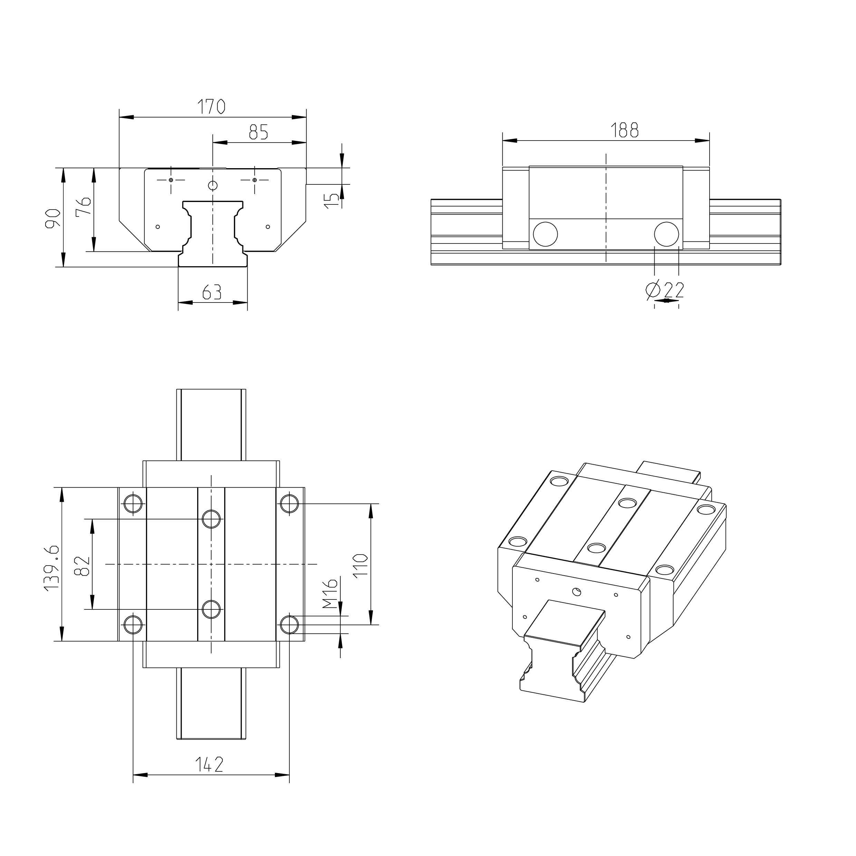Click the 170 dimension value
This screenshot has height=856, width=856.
pos(211,107)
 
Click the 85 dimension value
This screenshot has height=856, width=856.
pos(258,132)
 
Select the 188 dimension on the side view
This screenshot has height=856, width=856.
pos(625,130)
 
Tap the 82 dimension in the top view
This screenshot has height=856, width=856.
pos(83,566)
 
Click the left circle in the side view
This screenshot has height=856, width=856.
pos(545,234)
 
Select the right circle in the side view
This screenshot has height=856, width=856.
pos(666,234)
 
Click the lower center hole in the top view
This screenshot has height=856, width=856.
pos(211,610)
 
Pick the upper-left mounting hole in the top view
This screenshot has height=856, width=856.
pos(133,504)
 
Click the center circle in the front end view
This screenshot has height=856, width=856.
pos(213,185)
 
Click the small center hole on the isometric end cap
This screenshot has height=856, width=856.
pos(576,591)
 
